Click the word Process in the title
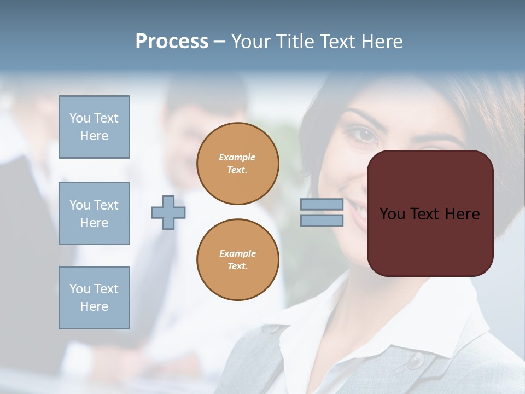(x=172, y=42)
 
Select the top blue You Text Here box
(x=94, y=127)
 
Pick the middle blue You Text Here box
(x=94, y=213)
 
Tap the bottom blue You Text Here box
(x=94, y=298)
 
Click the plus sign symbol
(x=168, y=212)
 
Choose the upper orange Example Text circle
(x=237, y=164)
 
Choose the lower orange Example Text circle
(x=237, y=260)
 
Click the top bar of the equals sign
(x=322, y=205)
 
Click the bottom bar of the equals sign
(x=322, y=220)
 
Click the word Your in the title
(x=251, y=42)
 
